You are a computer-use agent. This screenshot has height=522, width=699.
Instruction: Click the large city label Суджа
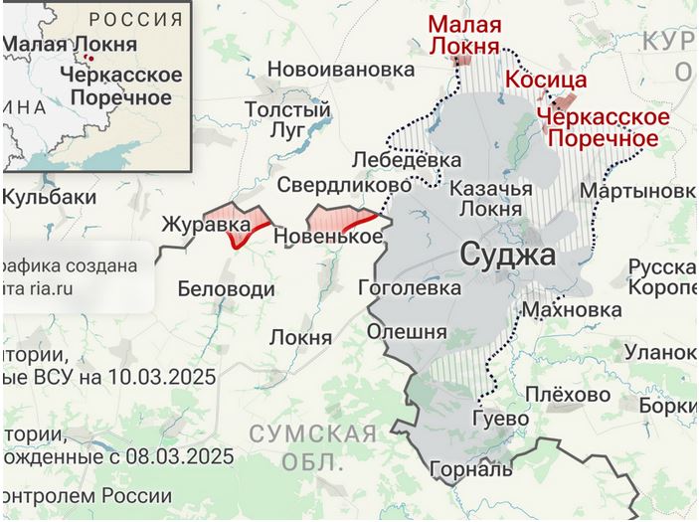509,257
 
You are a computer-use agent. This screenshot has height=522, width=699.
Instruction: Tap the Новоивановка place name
340,70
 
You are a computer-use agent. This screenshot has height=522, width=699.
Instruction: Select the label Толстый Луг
287,118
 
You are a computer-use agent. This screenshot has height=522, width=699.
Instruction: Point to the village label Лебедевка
407,160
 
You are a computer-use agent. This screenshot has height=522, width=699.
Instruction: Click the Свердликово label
344,185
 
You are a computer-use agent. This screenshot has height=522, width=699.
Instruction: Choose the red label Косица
546,81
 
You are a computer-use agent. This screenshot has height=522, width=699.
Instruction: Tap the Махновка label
572,310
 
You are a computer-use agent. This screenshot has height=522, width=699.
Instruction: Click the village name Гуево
500,419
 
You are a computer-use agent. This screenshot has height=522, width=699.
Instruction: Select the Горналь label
471,468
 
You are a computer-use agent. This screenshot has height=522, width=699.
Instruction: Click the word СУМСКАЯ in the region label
312,434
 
